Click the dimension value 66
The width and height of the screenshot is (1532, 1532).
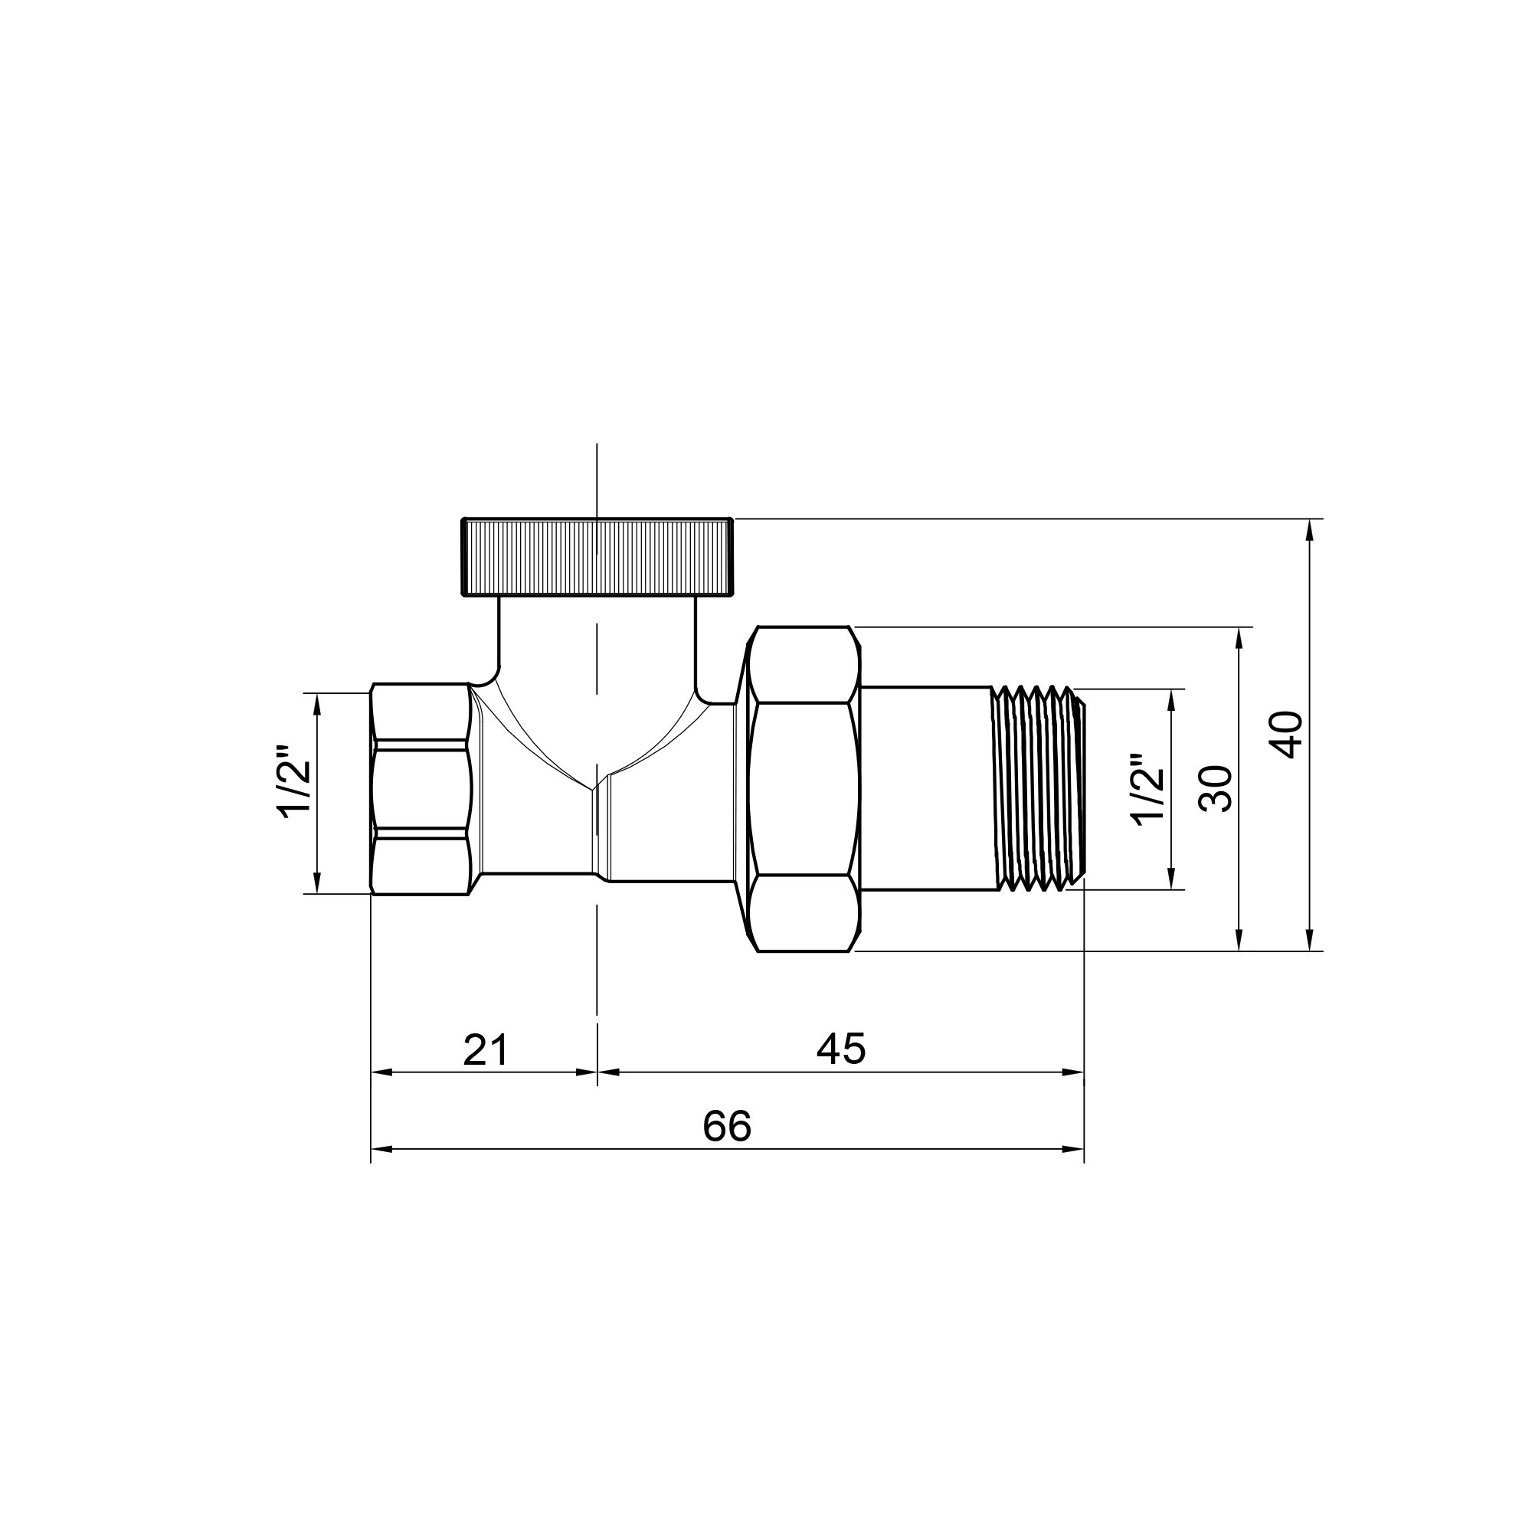pyautogui.click(x=726, y=1126)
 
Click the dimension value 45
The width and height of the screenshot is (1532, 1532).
pyautogui.click(x=841, y=1049)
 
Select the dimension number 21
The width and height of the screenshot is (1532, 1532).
pyautogui.click(x=486, y=1050)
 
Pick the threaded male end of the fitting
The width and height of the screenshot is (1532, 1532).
pyautogui.click(x=1039, y=788)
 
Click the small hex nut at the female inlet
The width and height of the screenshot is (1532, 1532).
pyautogui.click(x=421, y=789)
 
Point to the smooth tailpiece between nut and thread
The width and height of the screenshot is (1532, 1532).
pyautogui.click(x=926, y=788)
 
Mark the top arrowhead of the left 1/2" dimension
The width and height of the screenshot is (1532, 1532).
pyautogui.click(x=317, y=702)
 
